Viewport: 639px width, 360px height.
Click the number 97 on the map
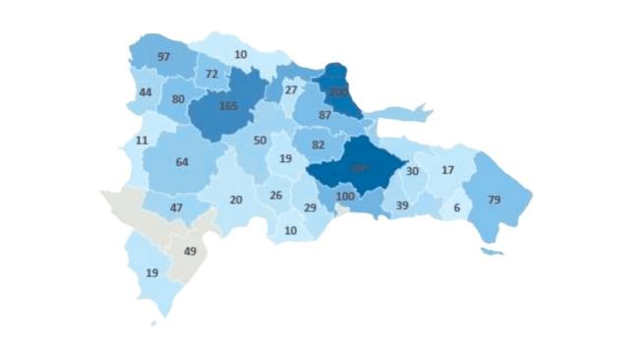coord(163,57)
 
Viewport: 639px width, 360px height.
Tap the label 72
coord(212,74)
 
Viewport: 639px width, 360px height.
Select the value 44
coord(145,91)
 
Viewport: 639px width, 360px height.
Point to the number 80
coord(178,99)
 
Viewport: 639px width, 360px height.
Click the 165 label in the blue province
coord(228,105)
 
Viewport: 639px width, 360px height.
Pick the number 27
coord(290,90)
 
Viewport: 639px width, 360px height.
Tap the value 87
coord(324,115)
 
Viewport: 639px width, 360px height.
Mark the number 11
coord(142,141)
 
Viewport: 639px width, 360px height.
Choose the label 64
coord(181,162)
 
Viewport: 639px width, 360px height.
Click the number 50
coord(260,141)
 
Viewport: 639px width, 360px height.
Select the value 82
coord(318,145)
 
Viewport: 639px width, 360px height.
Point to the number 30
coord(413,171)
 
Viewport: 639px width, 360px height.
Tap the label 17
coord(448,170)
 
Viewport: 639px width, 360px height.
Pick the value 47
coord(177,209)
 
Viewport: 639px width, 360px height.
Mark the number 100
coord(344,198)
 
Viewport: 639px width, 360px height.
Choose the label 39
coord(401,205)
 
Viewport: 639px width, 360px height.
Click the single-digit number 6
coord(456,208)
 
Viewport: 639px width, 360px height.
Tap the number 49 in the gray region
coord(192,251)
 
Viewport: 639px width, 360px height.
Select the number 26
coord(276,196)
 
